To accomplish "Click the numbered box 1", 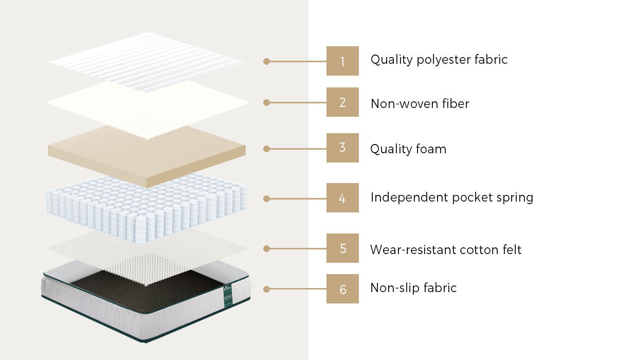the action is (342, 61).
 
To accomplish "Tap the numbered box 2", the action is (342, 102).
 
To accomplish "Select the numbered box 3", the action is (342, 148).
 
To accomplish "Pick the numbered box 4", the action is (342, 198).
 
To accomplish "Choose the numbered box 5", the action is (342, 248).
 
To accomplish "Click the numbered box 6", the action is (342, 289).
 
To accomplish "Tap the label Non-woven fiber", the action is (420, 104).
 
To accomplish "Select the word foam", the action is (431, 149).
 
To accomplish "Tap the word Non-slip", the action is (394, 288).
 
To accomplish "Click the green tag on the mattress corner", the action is (227, 296).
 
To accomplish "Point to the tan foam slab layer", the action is (147, 156).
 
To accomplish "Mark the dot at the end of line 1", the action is (266, 61).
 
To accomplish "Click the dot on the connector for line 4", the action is (266, 199).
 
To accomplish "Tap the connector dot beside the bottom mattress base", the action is (266, 289).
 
